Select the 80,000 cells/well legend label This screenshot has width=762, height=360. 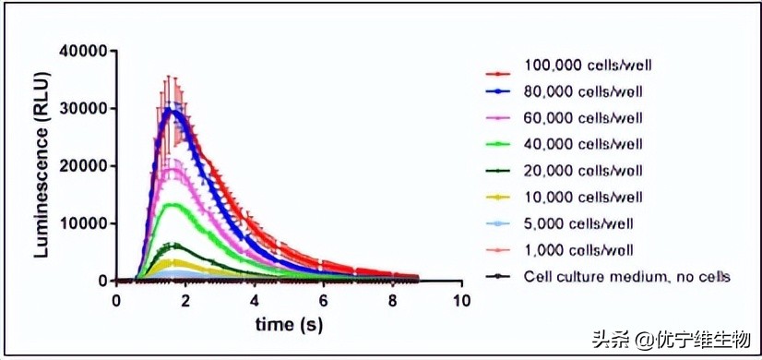(x=577, y=91)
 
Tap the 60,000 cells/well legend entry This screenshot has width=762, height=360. (x=577, y=117)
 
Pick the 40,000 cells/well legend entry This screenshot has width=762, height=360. (x=577, y=144)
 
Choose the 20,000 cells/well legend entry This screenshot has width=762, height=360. (x=577, y=171)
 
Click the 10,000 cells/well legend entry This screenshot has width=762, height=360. (x=577, y=197)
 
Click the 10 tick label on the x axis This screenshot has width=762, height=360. (x=461, y=300)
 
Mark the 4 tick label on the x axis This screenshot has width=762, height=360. (x=254, y=300)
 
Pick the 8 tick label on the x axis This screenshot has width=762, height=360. (x=392, y=300)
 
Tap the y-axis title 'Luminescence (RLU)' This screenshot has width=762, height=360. (x=42, y=164)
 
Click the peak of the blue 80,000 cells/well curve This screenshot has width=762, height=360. (x=170, y=110)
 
